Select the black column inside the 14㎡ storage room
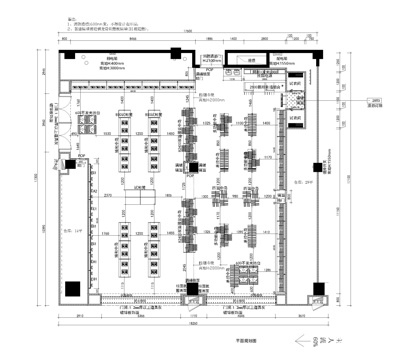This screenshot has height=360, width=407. pos(71,289)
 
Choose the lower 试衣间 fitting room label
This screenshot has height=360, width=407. pos(295,118)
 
